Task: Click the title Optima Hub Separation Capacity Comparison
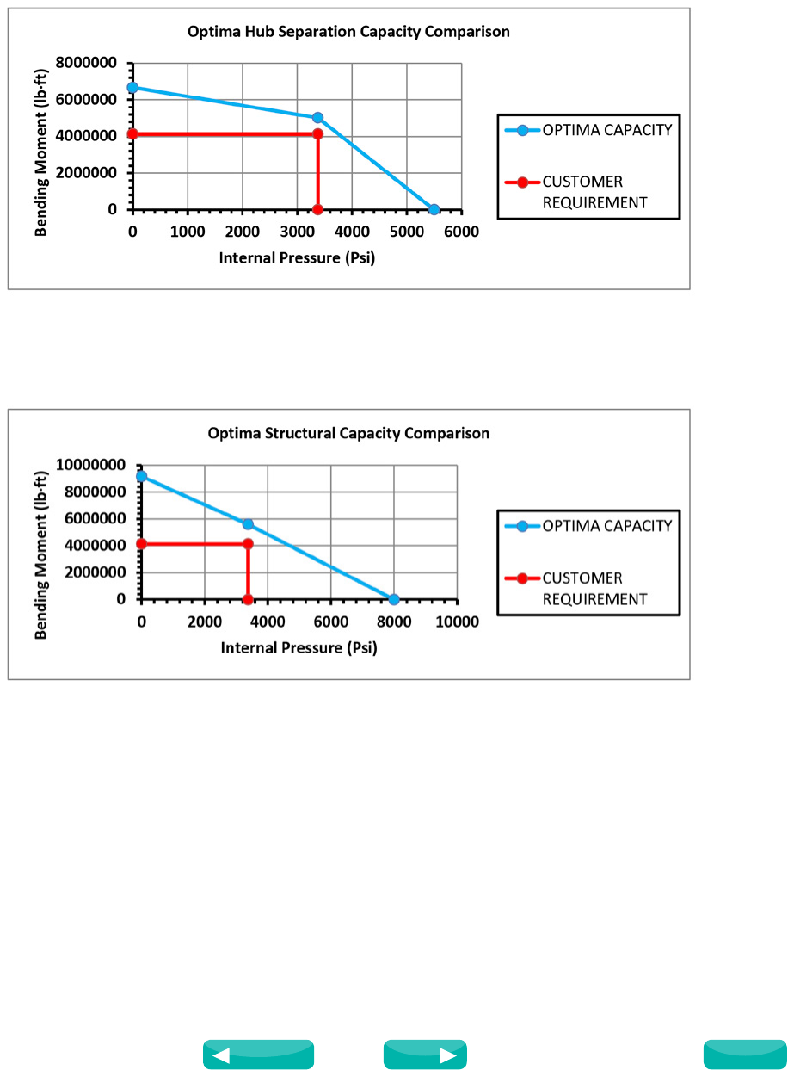pos(348,32)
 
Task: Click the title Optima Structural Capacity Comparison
pos(348,433)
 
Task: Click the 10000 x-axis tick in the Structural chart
pos(456,622)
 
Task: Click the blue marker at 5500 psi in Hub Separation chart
pos(434,209)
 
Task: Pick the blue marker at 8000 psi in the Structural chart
pos(394,599)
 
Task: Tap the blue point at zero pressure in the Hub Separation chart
pos(132,87)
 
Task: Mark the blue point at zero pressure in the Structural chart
pos(141,476)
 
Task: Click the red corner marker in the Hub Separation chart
pos(317,133)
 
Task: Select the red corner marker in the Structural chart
pos(248,543)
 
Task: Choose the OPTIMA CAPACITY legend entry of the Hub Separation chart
pos(588,131)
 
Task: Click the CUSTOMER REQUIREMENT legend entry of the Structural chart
pos(588,589)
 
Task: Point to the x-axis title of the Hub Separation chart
pos(297,257)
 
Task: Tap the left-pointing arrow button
pos(258,1055)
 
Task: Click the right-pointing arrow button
pos(425,1055)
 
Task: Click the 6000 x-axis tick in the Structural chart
pos(330,622)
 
